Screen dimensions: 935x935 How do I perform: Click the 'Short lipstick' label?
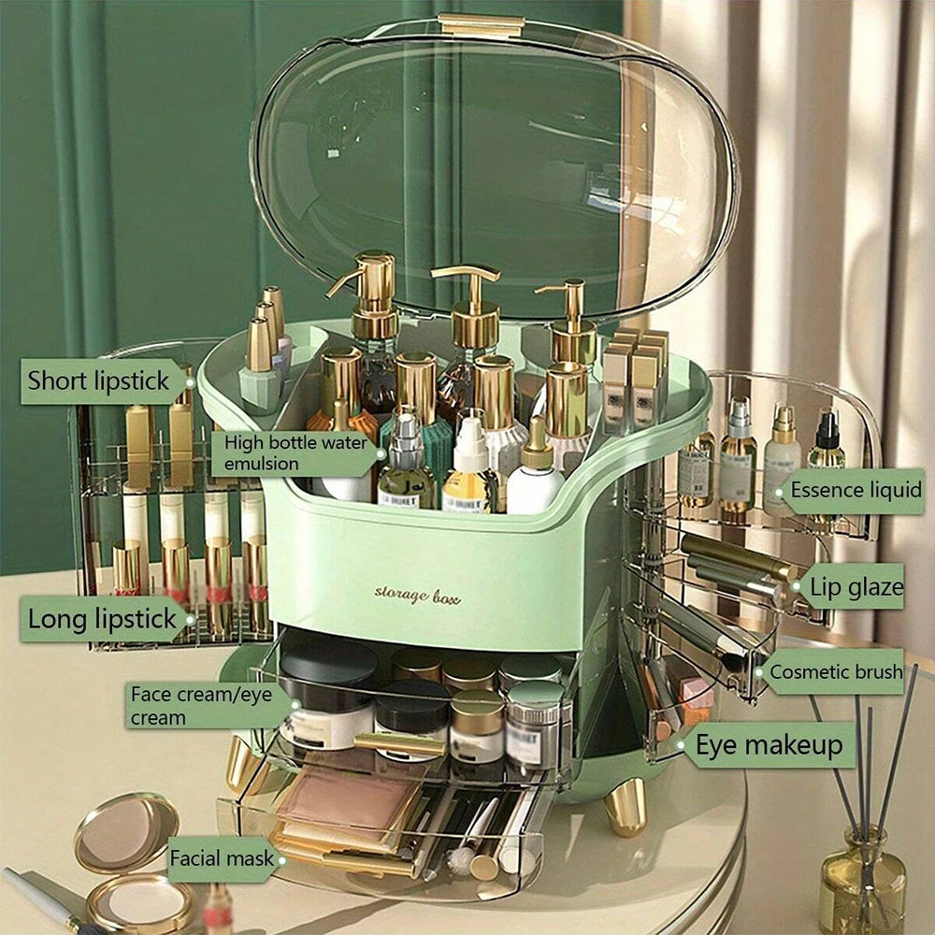click(98, 381)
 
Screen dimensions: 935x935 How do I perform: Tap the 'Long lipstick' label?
click(103, 618)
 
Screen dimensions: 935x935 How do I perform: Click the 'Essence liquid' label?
click(855, 490)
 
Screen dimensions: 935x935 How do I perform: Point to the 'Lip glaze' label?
click(856, 587)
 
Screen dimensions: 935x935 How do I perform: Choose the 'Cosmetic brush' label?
click(835, 671)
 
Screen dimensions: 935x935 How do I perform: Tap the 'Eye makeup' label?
click(769, 745)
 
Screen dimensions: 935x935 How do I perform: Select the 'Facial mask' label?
click(221, 857)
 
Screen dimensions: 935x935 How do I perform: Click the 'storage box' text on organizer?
click(417, 594)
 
